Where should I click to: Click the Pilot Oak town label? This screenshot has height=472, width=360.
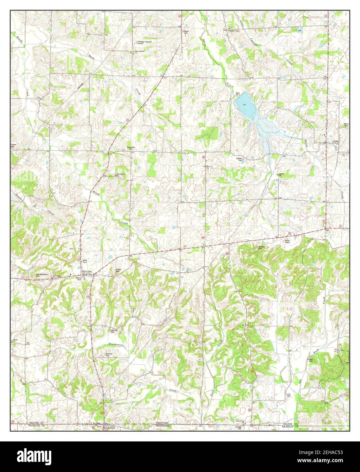coord(88,271)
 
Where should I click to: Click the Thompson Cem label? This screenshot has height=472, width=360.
coord(131,148)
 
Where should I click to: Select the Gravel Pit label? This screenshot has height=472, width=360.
coord(281,175)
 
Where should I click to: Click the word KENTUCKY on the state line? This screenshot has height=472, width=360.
coord(162,423)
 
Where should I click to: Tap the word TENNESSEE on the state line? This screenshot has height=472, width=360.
coord(163,425)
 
